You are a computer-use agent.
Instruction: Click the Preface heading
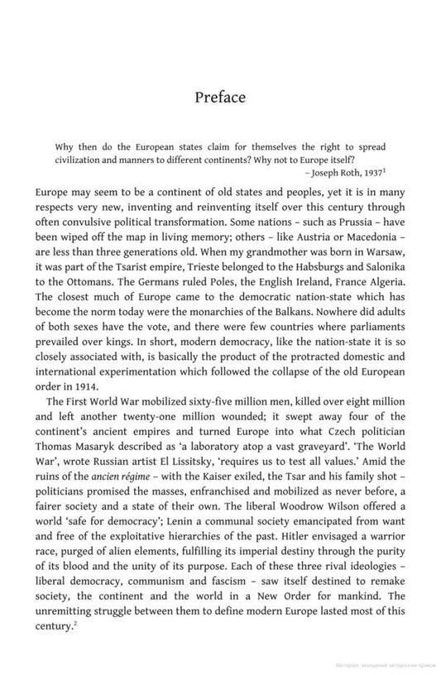pos(220,98)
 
